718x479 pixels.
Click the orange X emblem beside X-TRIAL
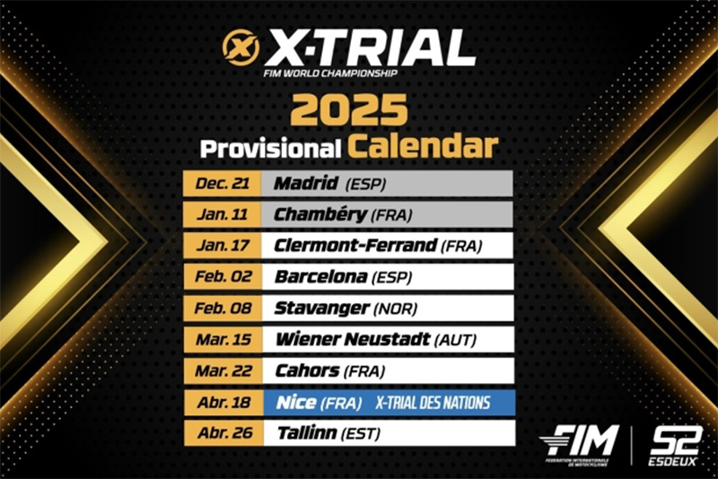click(x=241, y=48)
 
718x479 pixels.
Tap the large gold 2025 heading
click(x=349, y=109)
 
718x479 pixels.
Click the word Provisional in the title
click(x=271, y=149)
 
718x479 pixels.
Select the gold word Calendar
click(x=423, y=146)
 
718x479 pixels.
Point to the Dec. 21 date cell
click(x=222, y=184)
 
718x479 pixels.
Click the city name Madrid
click(x=306, y=183)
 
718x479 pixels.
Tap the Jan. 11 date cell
click(x=222, y=214)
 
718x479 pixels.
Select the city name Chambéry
click(x=320, y=214)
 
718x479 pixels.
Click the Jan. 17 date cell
click(x=223, y=246)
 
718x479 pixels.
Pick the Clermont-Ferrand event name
click(x=355, y=246)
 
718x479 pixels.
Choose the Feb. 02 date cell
click(x=223, y=277)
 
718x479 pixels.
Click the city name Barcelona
click(x=320, y=277)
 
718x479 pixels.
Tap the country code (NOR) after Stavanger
click(x=395, y=309)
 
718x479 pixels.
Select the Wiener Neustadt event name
click(x=353, y=339)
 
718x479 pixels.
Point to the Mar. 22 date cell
click(x=223, y=371)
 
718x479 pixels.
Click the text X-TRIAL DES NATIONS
click(x=433, y=403)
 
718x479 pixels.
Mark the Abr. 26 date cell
click(x=223, y=433)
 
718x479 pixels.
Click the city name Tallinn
click(x=307, y=432)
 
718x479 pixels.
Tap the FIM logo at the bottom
click(x=579, y=445)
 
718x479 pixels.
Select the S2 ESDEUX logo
click(x=676, y=446)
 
